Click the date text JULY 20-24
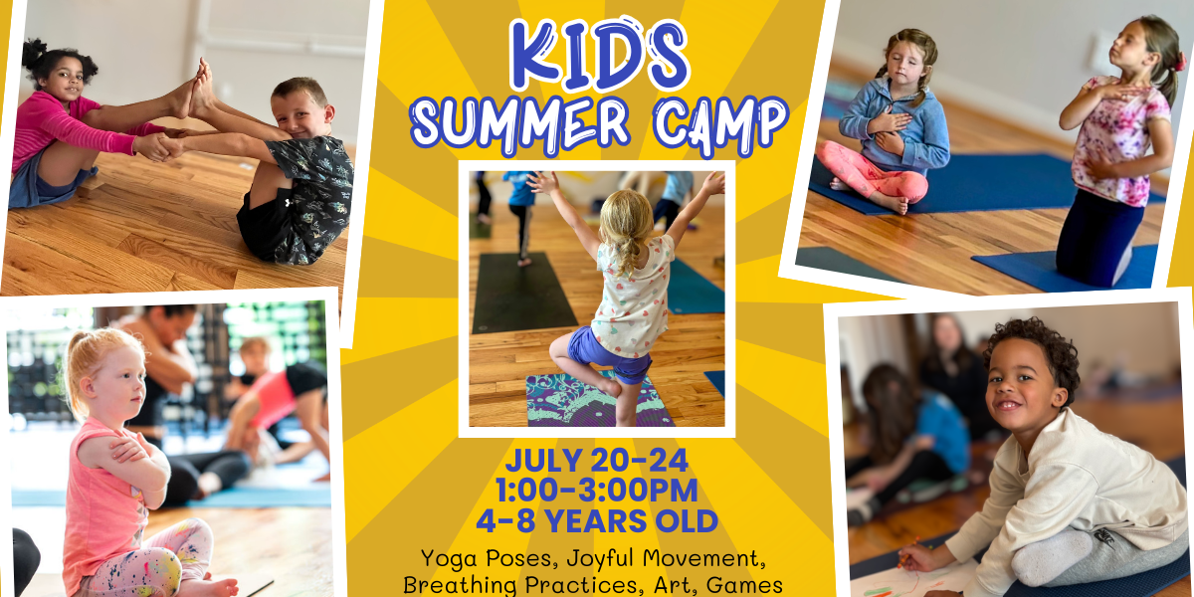596,461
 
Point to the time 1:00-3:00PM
596,490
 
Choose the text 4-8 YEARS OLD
596,519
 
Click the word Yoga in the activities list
446,558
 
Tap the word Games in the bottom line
746,584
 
